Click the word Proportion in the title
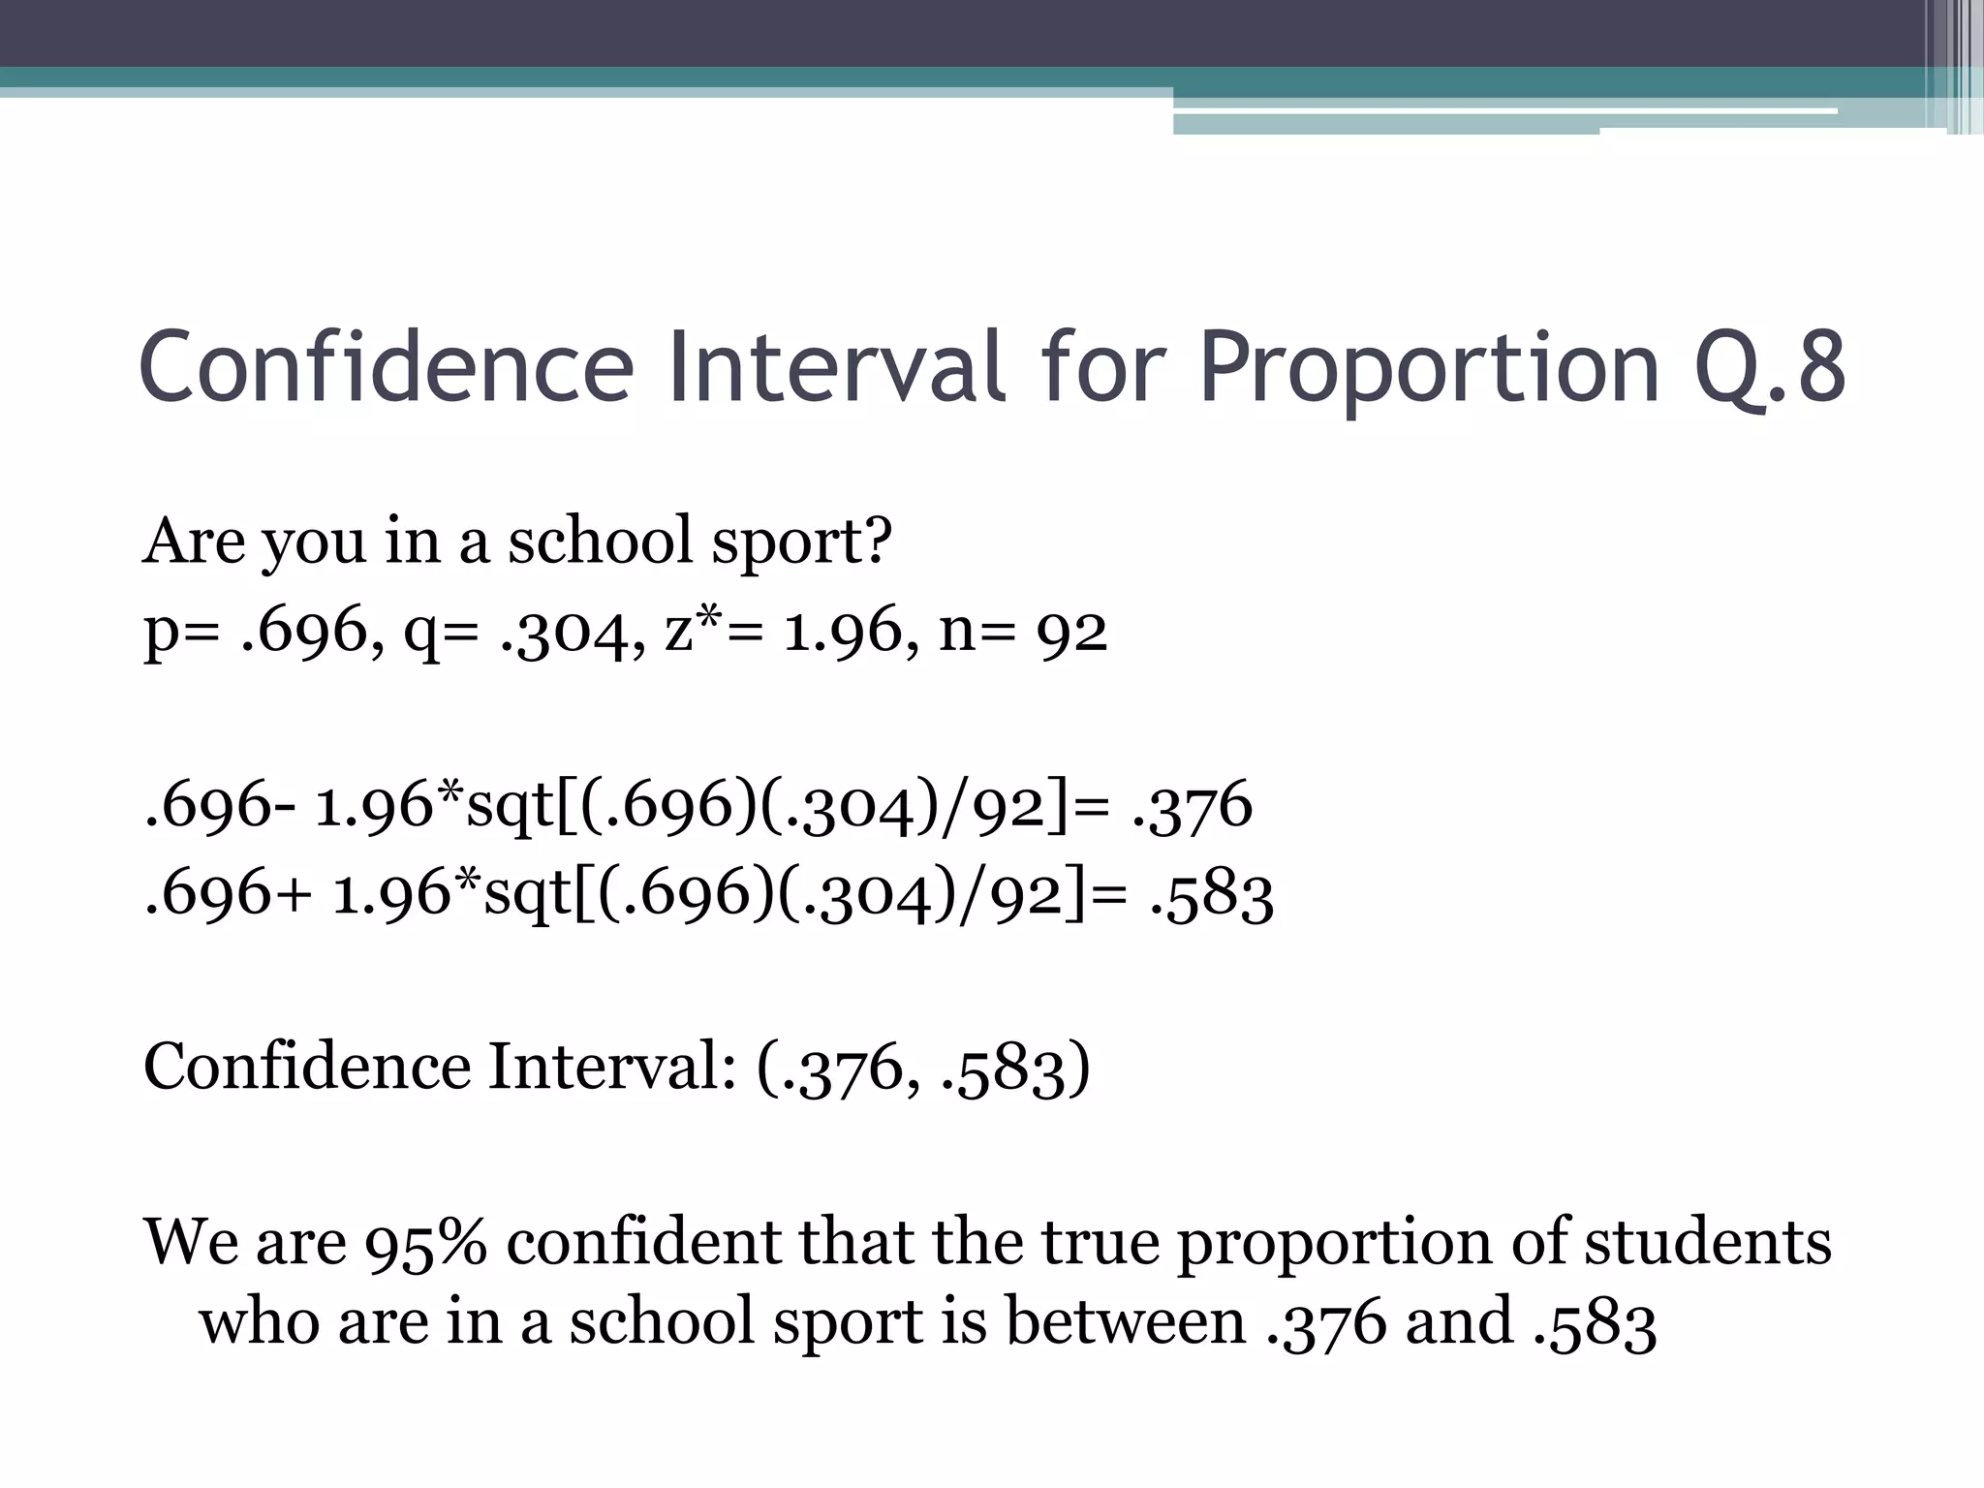(x=1430, y=368)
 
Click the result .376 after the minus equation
(x=1192, y=806)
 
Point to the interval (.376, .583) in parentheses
(x=922, y=1068)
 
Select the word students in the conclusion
(x=1707, y=1242)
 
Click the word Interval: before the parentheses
(x=611, y=1068)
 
